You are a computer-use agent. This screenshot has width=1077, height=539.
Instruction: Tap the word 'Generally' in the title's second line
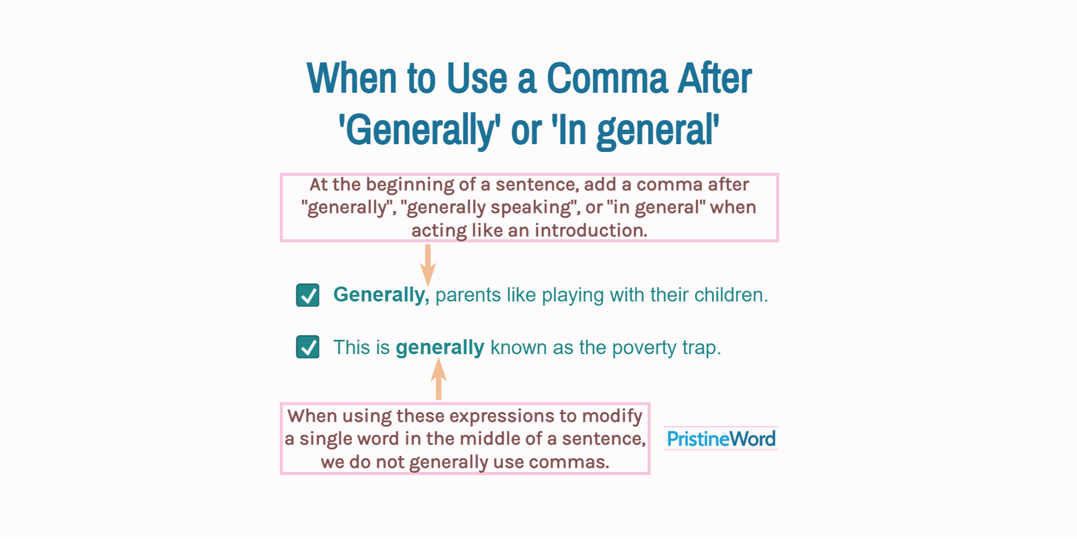419,130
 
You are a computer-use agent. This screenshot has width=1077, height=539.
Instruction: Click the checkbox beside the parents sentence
308,295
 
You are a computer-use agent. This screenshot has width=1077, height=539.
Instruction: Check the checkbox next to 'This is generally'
308,347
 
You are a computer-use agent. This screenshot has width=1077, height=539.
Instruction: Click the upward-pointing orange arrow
438,379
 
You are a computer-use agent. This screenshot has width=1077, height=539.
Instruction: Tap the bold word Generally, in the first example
381,295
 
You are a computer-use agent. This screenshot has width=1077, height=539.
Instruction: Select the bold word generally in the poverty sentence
440,348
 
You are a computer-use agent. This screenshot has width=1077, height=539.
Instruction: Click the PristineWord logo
721,439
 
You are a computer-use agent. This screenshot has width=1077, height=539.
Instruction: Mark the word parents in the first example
468,295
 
